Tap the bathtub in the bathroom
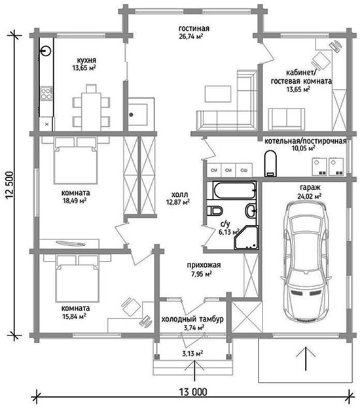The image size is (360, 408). click(x=234, y=190)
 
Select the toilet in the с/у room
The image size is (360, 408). click(x=215, y=211)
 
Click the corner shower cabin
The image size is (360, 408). click(x=246, y=237)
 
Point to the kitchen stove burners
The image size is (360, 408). click(x=46, y=93)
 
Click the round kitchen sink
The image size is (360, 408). click(x=46, y=50)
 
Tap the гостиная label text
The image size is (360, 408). click(x=194, y=28)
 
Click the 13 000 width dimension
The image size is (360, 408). click(x=193, y=392)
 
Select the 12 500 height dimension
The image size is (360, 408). click(x=9, y=185)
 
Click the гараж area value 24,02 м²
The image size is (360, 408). click(x=310, y=195)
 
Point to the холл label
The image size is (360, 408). click(x=180, y=194)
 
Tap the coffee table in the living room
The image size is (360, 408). click(x=218, y=93)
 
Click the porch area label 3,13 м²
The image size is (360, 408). click(x=192, y=354)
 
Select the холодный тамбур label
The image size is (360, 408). click(x=192, y=319)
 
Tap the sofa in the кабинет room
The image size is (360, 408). click(x=287, y=119)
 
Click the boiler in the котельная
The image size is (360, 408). click(x=270, y=163)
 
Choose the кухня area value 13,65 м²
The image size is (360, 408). click(x=84, y=68)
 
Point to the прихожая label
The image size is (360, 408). click(x=204, y=265)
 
